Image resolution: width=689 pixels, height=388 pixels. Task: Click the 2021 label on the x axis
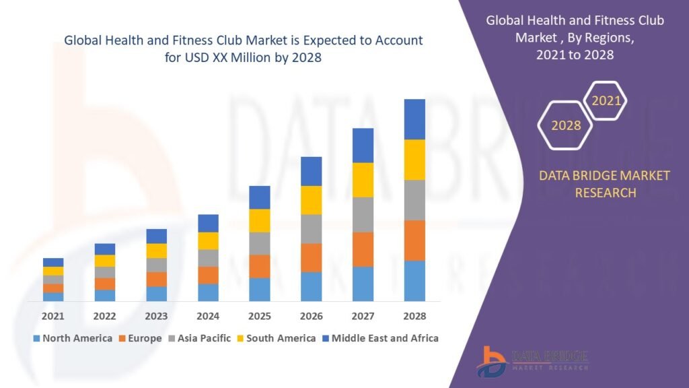point(52,316)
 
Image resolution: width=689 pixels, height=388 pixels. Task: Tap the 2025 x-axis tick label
point(260,316)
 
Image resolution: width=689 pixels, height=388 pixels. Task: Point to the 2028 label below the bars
point(414,316)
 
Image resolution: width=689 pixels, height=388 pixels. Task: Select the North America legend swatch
point(36,338)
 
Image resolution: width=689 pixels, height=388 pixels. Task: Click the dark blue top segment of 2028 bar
point(414,119)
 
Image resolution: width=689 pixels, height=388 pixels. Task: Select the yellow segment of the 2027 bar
point(363,180)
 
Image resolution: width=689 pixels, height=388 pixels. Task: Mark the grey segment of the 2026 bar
point(311,229)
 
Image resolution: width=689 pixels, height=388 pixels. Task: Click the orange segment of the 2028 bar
point(414,240)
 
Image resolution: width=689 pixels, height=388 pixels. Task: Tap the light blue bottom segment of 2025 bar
point(260,290)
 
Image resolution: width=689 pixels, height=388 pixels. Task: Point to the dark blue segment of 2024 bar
point(208,223)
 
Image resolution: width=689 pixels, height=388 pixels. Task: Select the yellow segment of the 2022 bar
point(104,261)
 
